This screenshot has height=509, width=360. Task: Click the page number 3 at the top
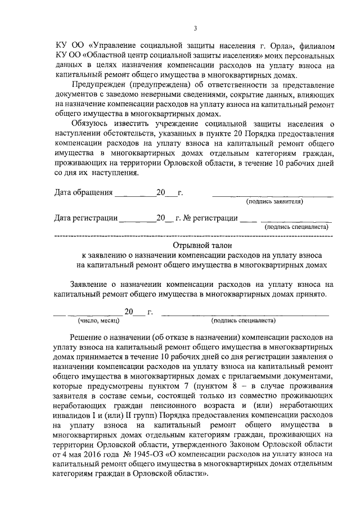pyautogui.click(x=195, y=29)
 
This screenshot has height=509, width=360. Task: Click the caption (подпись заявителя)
pyautogui.click(x=274, y=201)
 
